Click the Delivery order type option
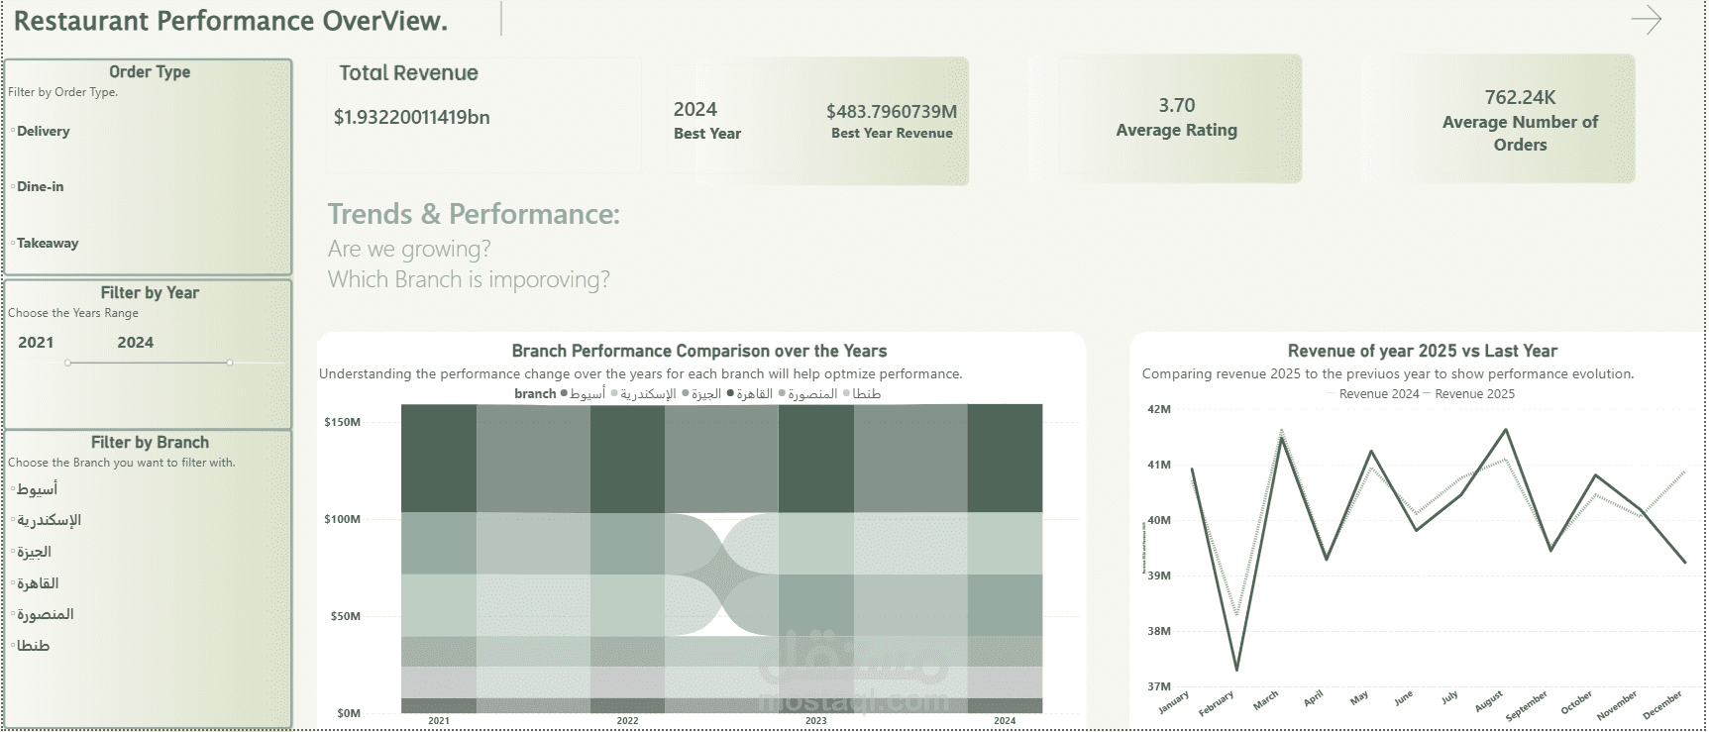(43, 131)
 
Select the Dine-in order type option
(40, 186)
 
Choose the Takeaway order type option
(47, 243)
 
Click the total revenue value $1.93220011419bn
(411, 117)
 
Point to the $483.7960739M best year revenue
(891, 111)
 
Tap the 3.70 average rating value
(1176, 105)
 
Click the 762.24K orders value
(1520, 97)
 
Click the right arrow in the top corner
(1646, 20)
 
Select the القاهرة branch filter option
(37, 583)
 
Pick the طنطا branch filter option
(33, 646)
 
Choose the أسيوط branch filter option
(37, 489)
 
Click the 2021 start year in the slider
(36, 342)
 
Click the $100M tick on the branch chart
(342, 519)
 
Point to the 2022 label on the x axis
(627, 721)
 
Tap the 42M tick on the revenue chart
(1158, 409)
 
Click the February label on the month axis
(1217, 703)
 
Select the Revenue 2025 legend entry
(1473, 394)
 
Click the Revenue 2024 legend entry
(1378, 394)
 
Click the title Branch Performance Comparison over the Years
(698, 351)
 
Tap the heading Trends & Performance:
(474, 214)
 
